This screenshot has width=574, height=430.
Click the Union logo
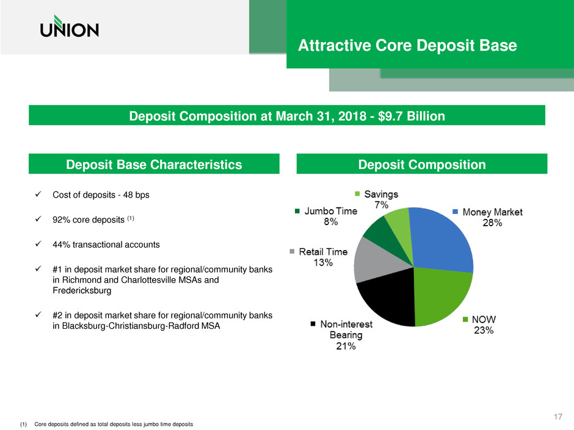pos(69,27)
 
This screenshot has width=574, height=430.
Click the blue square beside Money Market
pos(456,212)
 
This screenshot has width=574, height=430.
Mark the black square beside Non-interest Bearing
pos(314,324)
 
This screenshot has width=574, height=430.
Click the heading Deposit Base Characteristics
pos(154,164)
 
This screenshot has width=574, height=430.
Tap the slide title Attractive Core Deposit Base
pos(407,45)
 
